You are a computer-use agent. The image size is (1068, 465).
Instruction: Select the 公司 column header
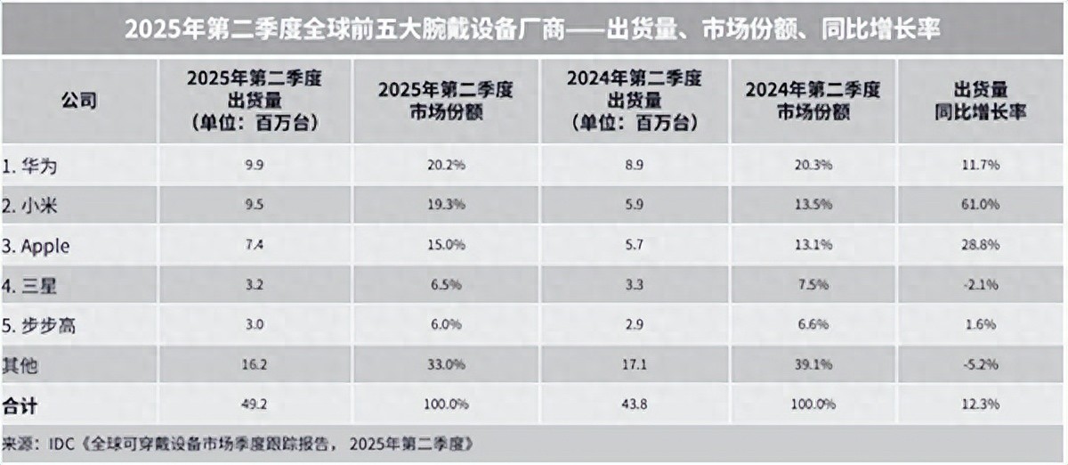[x=78, y=101]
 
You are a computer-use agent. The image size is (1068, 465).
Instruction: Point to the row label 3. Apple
[x=38, y=245]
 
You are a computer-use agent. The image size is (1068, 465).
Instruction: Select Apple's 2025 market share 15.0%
[x=447, y=245]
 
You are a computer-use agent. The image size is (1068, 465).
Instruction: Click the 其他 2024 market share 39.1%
[x=813, y=364]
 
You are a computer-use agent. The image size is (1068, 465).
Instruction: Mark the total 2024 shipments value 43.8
[x=635, y=404]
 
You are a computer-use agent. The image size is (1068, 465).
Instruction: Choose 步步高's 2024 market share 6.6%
[x=813, y=325]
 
